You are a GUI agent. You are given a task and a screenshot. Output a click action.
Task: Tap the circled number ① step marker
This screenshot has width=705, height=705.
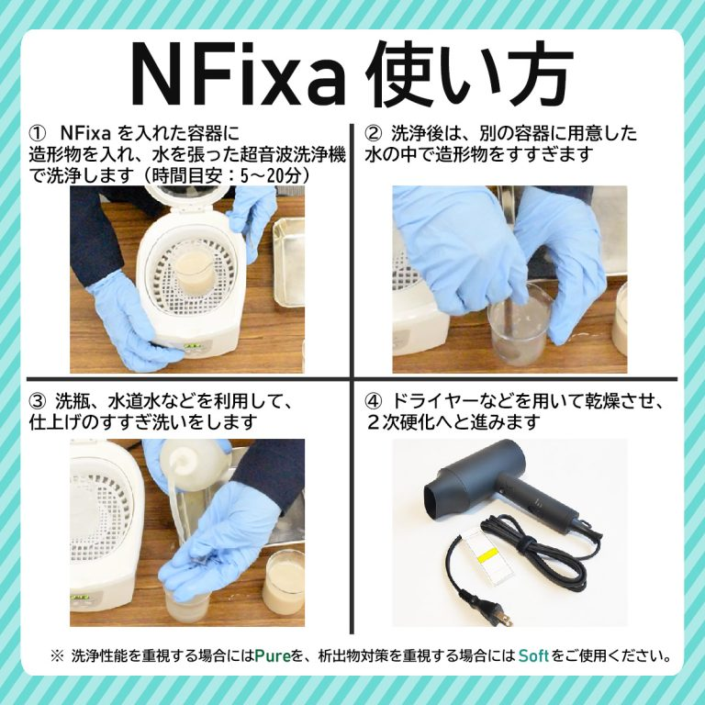coord(38,134)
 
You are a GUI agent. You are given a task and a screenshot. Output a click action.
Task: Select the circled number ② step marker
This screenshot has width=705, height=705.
coord(374,134)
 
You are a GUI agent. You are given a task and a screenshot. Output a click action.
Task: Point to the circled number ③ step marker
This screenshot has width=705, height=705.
coord(38,400)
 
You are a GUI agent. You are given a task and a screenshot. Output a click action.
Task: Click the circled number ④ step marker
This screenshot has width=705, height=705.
coord(374,400)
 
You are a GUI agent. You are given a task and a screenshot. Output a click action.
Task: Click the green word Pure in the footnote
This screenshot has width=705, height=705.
coord(273,655)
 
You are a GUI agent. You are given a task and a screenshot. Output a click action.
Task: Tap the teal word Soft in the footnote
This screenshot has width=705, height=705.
coord(533,655)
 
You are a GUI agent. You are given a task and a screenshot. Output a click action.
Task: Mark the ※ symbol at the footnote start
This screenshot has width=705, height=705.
coord(57,655)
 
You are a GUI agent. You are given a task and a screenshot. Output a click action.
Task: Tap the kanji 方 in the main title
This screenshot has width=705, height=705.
coord(531,74)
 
